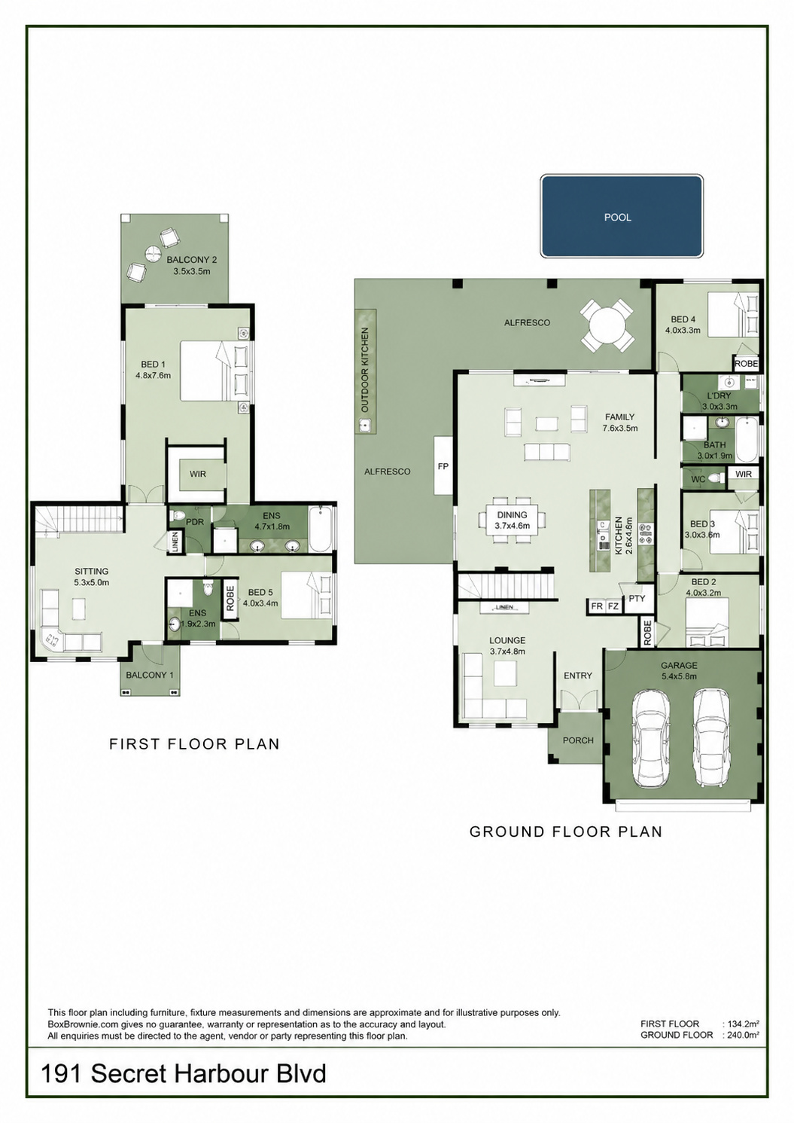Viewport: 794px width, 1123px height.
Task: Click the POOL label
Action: (x=618, y=218)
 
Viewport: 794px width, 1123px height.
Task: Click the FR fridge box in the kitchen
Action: (x=597, y=606)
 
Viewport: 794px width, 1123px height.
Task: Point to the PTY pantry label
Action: (x=637, y=599)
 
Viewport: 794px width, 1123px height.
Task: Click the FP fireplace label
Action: (x=443, y=466)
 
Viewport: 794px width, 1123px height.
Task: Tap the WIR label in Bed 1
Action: (x=197, y=474)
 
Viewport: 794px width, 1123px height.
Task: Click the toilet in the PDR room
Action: (x=178, y=516)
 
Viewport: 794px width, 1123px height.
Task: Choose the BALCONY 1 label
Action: (x=149, y=675)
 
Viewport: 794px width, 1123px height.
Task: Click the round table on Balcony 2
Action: (x=152, y=253)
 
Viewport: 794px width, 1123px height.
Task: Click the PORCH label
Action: (x=578, y=740)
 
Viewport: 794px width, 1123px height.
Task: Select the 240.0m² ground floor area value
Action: (x=744, y=1035)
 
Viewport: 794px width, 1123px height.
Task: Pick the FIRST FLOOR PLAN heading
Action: (x=194, y=743)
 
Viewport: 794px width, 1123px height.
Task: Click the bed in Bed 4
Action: (x=733, y=314)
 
